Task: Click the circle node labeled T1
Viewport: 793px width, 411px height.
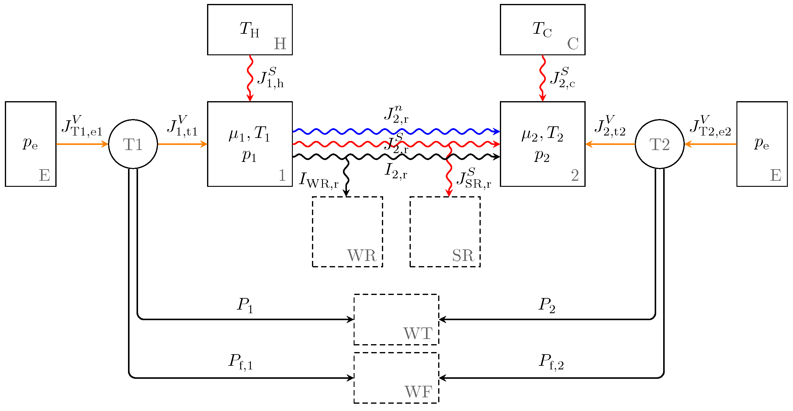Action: pos(133,144)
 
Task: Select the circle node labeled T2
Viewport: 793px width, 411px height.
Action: pos(660,144)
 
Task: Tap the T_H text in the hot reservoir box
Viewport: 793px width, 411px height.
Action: pos(249,29)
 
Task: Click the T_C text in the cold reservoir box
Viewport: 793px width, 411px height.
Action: pos(542,29)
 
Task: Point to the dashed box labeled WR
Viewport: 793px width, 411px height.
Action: pos(347,232)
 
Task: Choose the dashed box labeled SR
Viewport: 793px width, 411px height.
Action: pos(445,232)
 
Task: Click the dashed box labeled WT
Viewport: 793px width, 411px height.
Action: pos(396,319)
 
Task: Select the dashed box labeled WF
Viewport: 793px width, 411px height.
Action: pos(396,378)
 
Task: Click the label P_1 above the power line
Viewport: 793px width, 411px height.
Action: pos(245,305)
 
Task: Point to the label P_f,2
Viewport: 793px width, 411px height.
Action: pos(551,361)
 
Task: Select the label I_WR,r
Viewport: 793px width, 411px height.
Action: pos(319,180)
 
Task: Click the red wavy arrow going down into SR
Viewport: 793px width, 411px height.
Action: pos(449,172)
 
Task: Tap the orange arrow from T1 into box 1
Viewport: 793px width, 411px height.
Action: pos(182,144)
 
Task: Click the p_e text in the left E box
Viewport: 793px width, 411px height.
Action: pos(30,143)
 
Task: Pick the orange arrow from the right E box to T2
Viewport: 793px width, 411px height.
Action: pos(711,144)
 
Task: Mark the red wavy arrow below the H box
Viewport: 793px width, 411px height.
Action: pos(250,78)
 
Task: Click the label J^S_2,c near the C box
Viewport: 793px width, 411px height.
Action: pos(563,78)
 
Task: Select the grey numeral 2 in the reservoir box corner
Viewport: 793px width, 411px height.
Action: pos(575,175)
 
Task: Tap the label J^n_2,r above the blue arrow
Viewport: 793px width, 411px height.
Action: pos(396,115)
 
